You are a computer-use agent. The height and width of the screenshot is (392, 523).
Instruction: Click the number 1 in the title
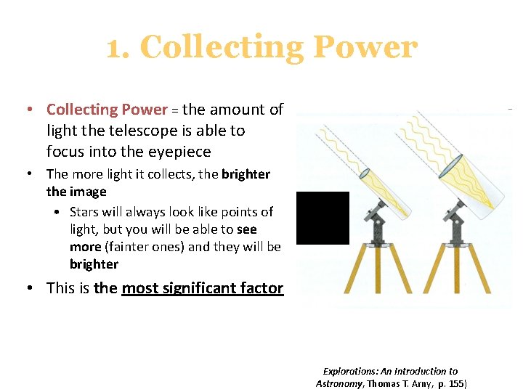[x=115, y=49]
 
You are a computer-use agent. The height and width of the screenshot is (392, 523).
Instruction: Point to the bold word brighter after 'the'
[x=246, y=174]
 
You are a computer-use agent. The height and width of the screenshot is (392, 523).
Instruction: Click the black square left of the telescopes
[x=323, y=218]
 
